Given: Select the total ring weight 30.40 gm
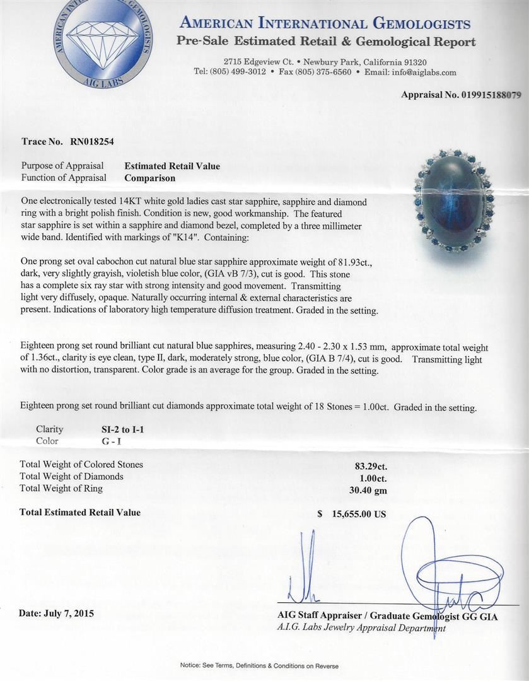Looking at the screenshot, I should [369, 489].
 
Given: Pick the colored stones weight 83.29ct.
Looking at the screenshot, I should [369, 467].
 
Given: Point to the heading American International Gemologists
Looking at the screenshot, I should [325, 24].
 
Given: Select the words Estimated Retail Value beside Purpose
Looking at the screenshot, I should [172, 166].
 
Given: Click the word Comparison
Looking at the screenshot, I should [149, 178].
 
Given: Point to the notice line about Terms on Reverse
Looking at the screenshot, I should [259, 666].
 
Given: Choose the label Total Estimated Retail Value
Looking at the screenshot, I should [80, 513].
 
